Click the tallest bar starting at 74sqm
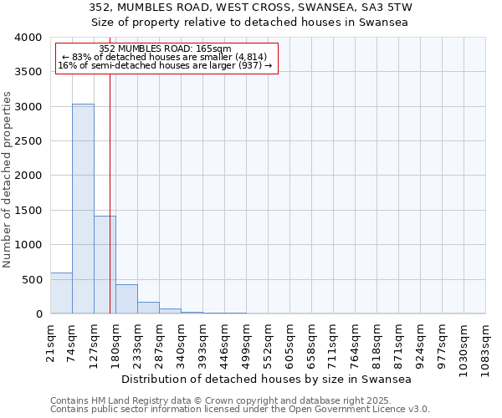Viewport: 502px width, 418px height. (x=83, y=209)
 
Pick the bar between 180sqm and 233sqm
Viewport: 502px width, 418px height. (x=126, y=299)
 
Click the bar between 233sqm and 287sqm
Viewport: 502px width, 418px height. (x=148, y=308)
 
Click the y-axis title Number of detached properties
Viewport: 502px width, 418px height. (x=8, y=176)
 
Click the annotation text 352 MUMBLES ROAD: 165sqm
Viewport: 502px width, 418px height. (x=165, y=49)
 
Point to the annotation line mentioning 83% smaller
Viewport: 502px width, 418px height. (x=165, y=57)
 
